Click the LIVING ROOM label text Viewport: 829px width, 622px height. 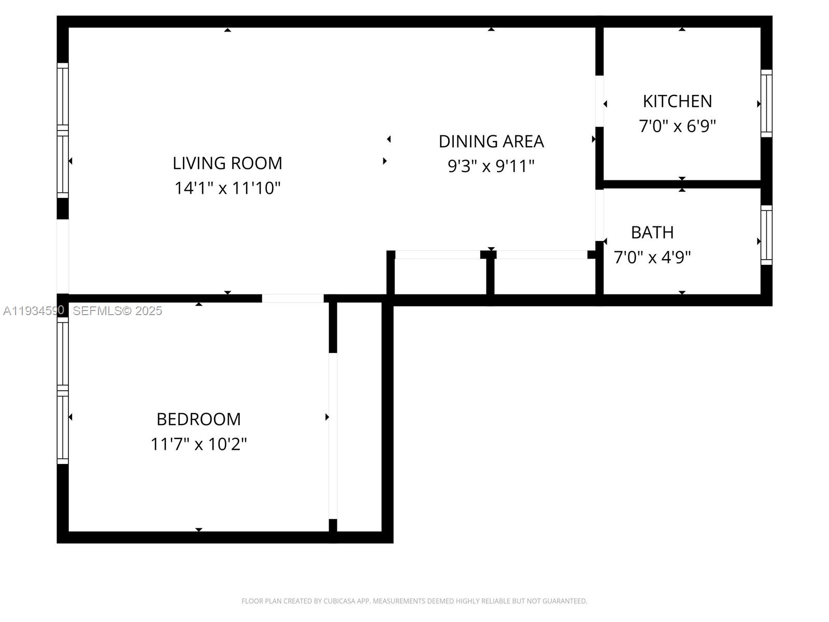227,163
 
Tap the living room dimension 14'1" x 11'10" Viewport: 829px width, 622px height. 227,188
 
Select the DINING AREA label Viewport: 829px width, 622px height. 491,142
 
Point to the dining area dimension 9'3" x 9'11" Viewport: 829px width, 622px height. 491,166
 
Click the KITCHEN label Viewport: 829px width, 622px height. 677,102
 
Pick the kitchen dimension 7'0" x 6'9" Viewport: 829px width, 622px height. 677,126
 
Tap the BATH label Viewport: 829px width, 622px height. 652,233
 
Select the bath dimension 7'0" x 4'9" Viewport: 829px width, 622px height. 652,258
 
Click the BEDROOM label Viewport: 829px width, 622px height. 198,419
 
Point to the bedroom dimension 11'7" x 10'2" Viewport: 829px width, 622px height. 198,444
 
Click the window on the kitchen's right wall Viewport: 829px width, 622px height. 766,104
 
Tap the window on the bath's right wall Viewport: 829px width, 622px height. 766,235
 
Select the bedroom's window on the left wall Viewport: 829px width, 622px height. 63,390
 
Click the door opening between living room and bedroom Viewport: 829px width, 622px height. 293,299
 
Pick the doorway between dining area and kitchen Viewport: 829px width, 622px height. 599,101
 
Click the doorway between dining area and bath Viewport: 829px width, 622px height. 599,215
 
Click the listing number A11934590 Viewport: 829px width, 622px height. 34,310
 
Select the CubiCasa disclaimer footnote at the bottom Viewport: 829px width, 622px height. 414,601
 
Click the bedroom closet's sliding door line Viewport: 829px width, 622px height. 333,435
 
